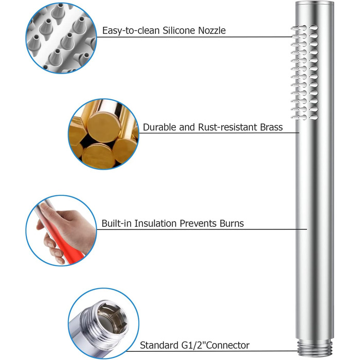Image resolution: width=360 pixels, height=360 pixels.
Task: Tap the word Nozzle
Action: (x=212, y=30)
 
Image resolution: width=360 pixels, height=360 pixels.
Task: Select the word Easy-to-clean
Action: (x=131, y=31)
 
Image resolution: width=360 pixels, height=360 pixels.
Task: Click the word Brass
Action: (x=271, y=127)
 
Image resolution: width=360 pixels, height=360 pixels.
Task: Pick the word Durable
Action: (x=159, y=127)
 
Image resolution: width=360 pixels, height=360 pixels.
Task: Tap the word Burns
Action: (x=231, y=223)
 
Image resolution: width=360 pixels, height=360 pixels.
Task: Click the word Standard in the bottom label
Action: (x=159, y=345)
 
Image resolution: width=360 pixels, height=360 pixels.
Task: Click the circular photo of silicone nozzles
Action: (x=61, y=38)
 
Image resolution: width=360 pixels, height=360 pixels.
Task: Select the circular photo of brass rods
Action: (x=103, y=134)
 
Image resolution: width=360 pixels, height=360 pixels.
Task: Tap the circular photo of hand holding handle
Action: (x=61, y=231)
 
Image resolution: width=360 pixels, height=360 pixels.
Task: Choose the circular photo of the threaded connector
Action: (x=103, y=323)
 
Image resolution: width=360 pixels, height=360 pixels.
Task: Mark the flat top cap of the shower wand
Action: (x=314, y=4)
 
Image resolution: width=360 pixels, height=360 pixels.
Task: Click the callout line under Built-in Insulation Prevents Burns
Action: (x=202, y=229)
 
